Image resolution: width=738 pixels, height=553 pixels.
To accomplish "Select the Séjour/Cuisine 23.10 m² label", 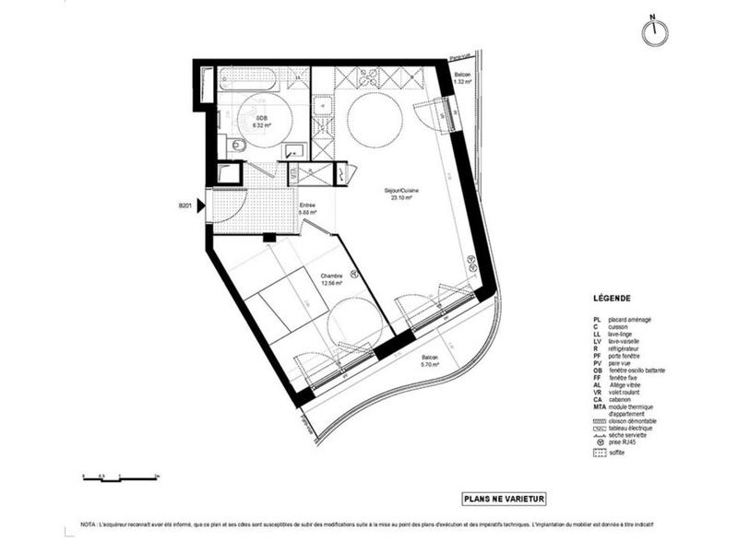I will [x=399, y=194].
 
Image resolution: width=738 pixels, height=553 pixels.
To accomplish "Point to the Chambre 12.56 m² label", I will [x=333, y=279].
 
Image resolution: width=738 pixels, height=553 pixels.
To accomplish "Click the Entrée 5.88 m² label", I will [x=307, y=208].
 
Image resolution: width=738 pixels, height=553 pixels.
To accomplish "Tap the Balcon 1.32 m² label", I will [x=462, y=77].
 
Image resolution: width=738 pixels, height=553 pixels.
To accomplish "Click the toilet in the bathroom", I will [x=238, y=146].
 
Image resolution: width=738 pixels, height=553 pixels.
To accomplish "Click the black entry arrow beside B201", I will [x=200, y=207].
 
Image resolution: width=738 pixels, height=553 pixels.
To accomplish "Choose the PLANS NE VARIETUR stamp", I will [x=505, y=499].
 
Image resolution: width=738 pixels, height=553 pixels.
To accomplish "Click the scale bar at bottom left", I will [x=120, y=477].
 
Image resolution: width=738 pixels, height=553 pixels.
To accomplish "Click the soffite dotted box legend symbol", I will [x=599, y=453].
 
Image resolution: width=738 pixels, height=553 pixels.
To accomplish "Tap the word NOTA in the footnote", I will [x=89, y=524].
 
